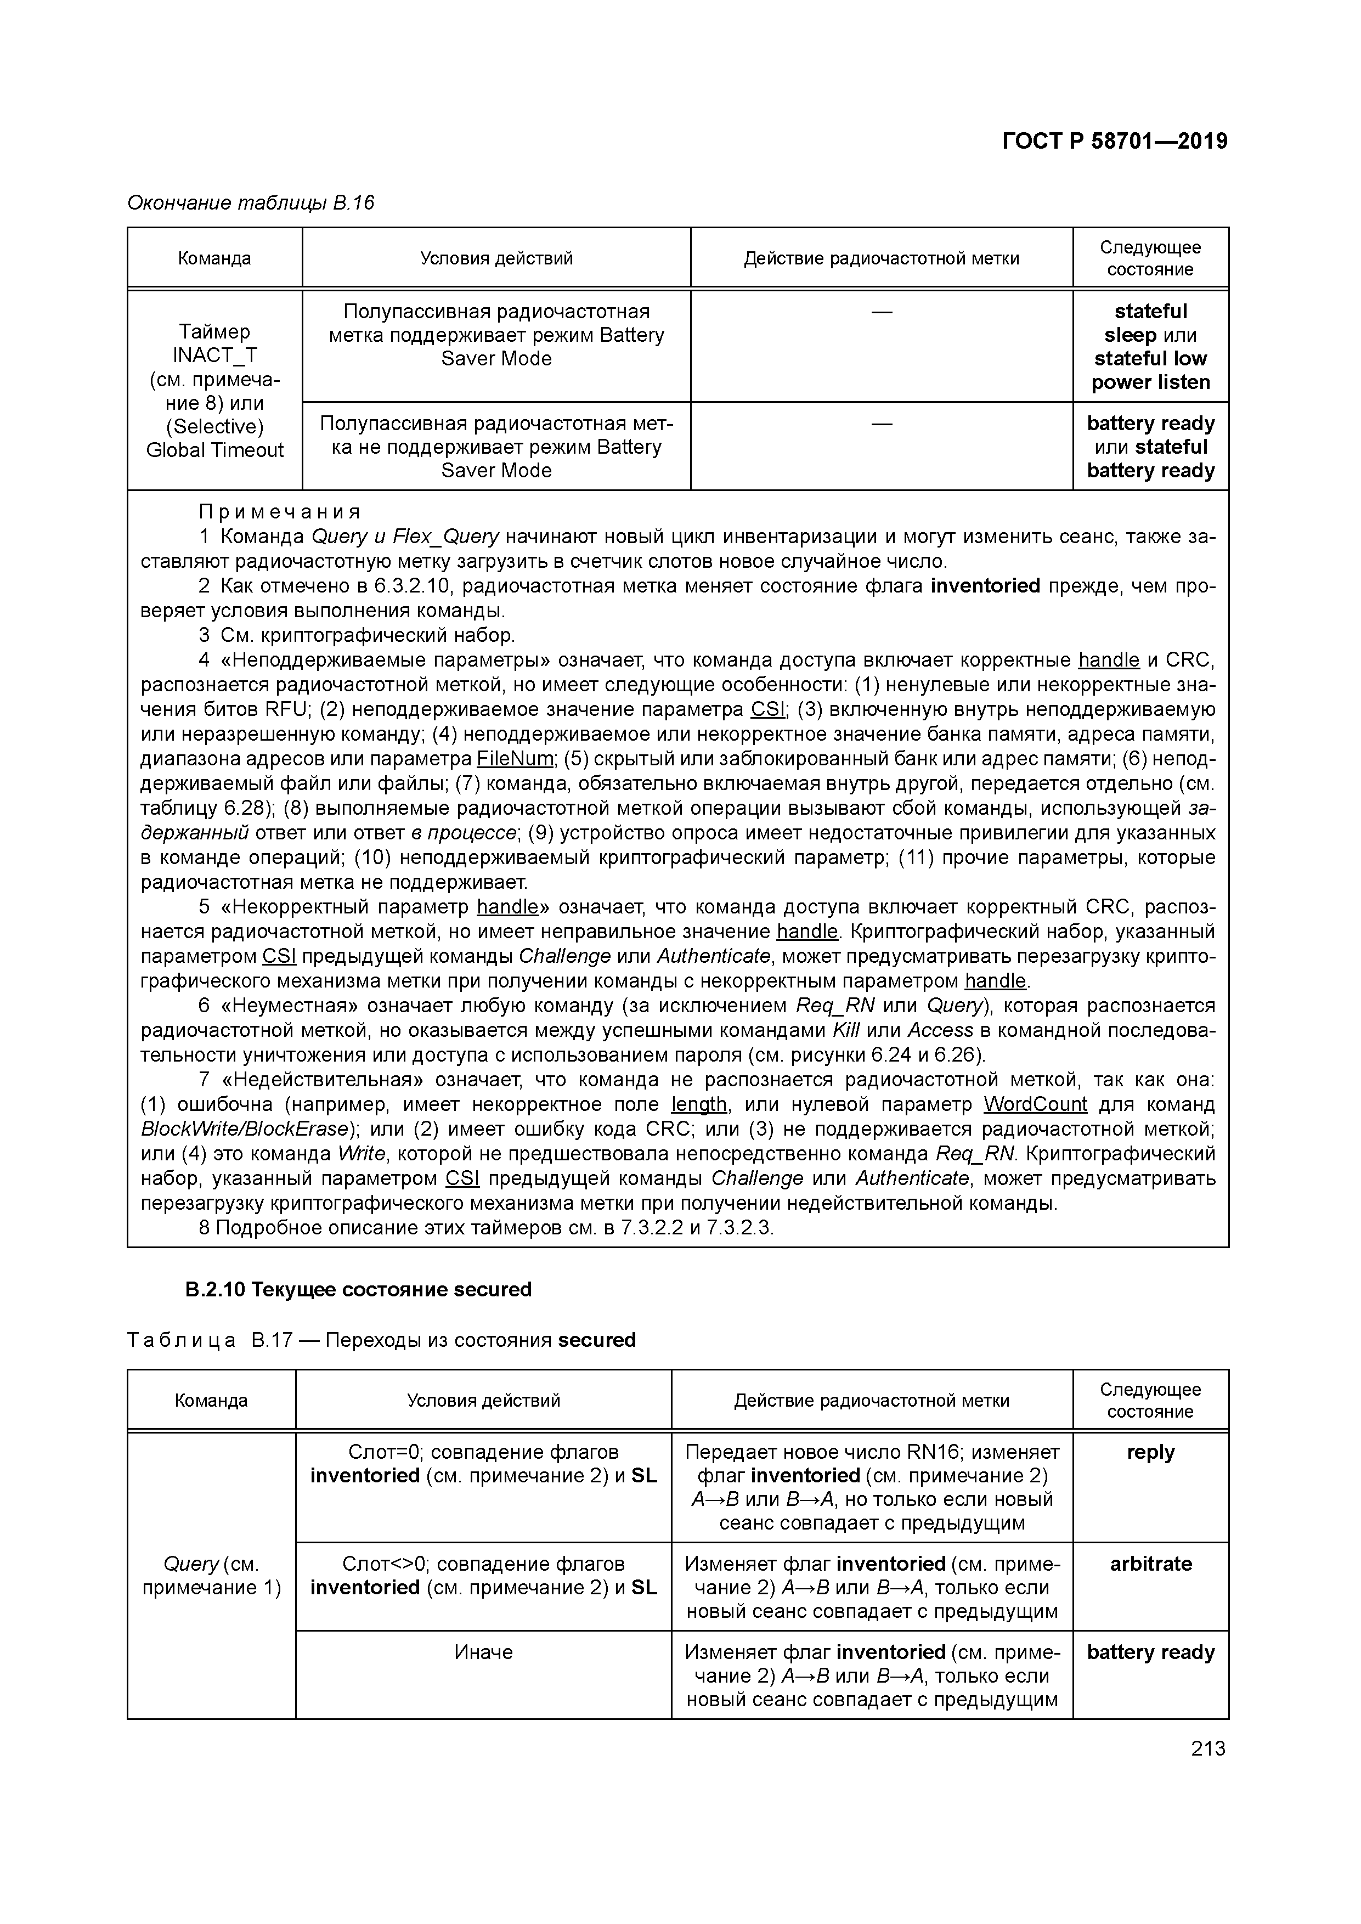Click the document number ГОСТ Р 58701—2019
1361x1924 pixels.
(x=1115, y=142)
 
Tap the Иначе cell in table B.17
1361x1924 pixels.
(x=483, y=1652)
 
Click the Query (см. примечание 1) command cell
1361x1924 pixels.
(x=211, y=1576)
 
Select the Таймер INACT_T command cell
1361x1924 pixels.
(x=214, y=391)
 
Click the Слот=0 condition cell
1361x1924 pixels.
(x=483, y=1463)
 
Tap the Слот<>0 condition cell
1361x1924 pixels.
(x=483, y=1576)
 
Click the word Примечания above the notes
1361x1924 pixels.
(x=279, y=512)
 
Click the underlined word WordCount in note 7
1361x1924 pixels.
(x=1035, y=1104)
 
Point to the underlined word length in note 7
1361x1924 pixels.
(x=699, y=1104)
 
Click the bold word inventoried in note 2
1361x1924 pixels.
(x=985, y=586)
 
